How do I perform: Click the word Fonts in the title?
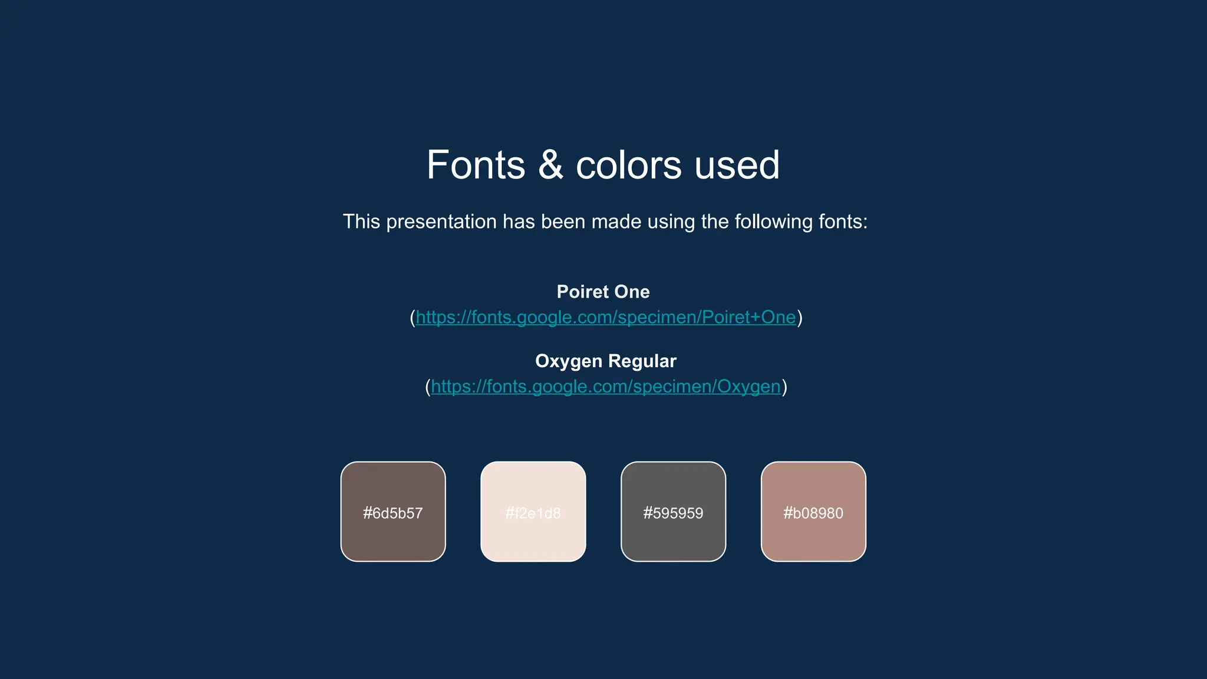click(476, 165)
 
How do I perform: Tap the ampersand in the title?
click(550, 165)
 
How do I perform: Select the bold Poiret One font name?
click(603, 292)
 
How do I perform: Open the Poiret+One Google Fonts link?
click(605, 318)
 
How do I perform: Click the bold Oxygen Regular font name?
click(605, 361)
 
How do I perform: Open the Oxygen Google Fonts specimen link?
click(605, 387)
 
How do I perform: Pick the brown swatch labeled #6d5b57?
click(393, 483)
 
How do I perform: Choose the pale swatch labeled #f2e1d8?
click(533, 483)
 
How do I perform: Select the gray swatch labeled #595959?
click(673, 483)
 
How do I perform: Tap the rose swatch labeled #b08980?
click(813, 483)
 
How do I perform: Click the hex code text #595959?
click(673, 513)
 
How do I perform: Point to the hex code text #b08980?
click(813, 513)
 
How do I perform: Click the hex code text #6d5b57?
click(393, 513)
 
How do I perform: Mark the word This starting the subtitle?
click(361, 222)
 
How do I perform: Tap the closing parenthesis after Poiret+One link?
click(800, 318)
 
